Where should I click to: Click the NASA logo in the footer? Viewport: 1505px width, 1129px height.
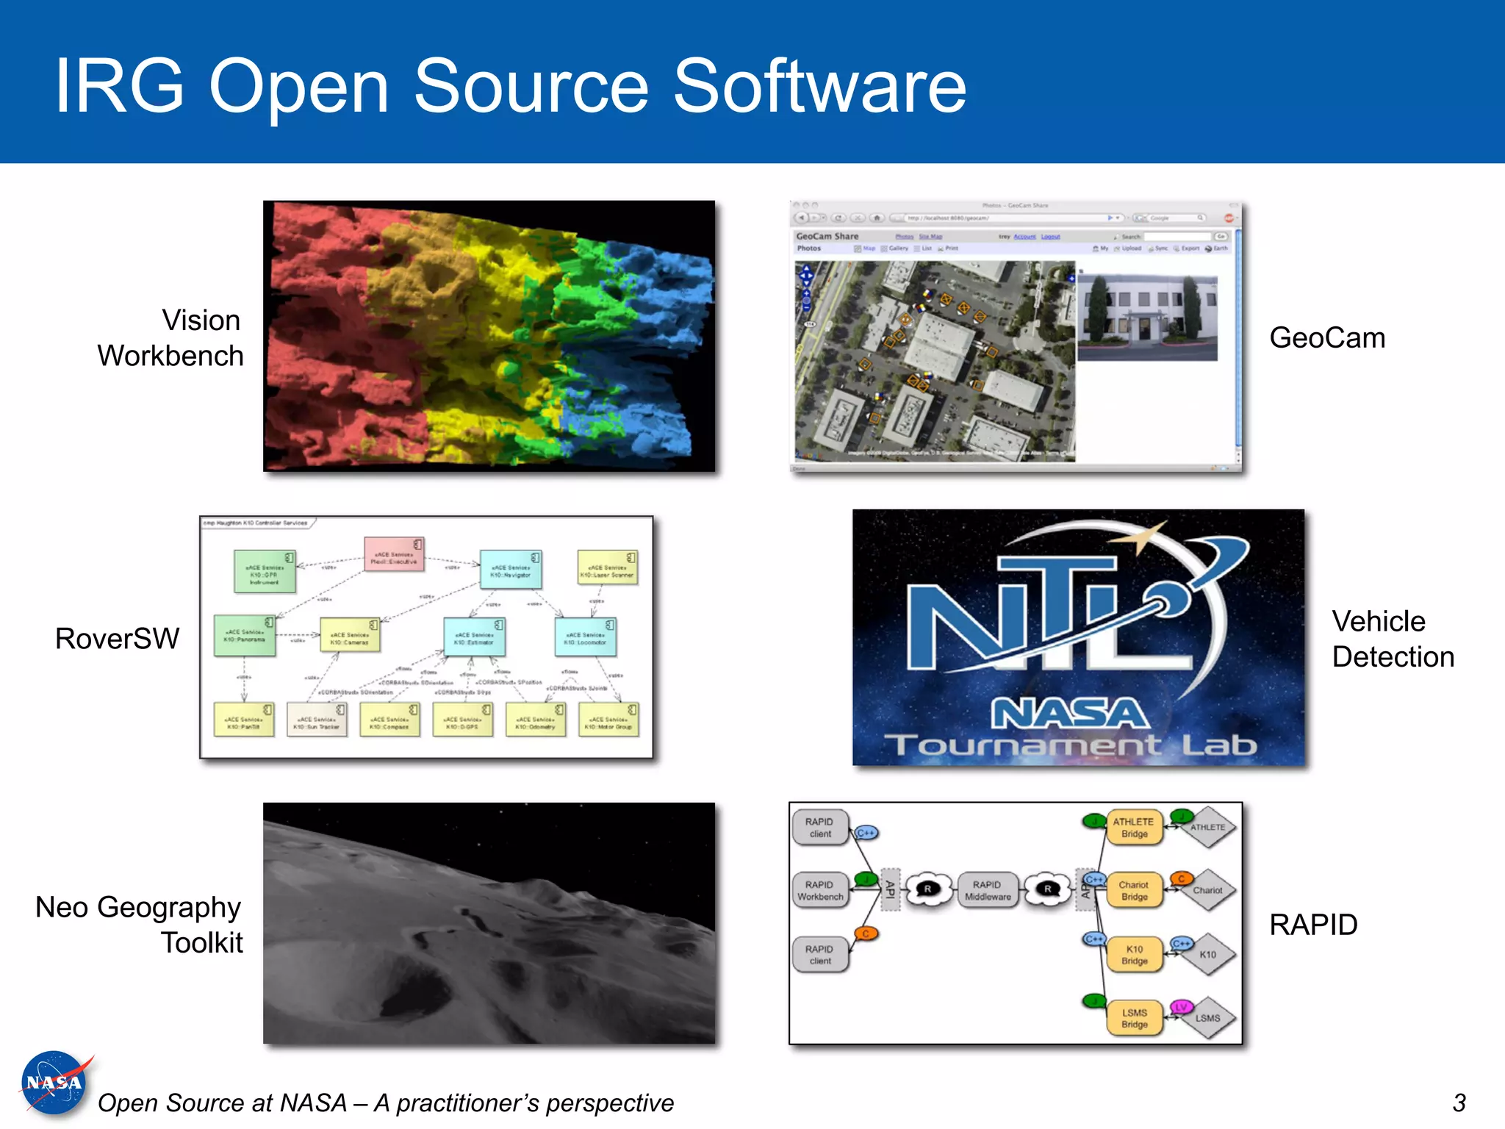click(x=54, y=1083)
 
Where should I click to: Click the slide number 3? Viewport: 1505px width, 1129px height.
click(x=1459, y=1103)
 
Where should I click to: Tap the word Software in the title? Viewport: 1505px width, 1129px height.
click(x=819, y=87)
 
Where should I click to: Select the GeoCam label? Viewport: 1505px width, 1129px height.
click(x=1327, y=338)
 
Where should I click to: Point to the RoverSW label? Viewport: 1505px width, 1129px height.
click(x=117, y=639)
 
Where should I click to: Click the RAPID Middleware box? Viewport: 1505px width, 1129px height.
click(x=987, y=891)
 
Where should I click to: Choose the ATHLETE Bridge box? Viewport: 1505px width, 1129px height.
click(x=1134, y=828)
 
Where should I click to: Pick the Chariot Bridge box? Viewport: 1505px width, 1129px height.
click(x=1134, y=891)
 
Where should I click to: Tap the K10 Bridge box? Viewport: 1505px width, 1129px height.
click(x=1134, y=955)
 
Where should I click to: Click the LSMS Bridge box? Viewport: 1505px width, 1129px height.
click(x=1134, y=1018)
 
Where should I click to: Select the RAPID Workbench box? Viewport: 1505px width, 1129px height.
click(x=820, y=891)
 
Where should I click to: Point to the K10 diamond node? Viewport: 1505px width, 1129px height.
click(x=1207, y=955)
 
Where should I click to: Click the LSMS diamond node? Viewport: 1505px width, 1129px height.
click(x=1207, y=1018)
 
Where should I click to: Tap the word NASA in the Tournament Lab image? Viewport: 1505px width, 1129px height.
click(x=1070, y=714)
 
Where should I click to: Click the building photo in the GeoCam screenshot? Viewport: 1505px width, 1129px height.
click(x=1147, y=318)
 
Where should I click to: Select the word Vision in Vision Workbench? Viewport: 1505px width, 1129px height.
click(x=201, y=320)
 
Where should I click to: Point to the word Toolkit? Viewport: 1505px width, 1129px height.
click(x=202, y=943)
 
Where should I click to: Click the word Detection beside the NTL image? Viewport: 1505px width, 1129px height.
click(x=1393, y=657)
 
